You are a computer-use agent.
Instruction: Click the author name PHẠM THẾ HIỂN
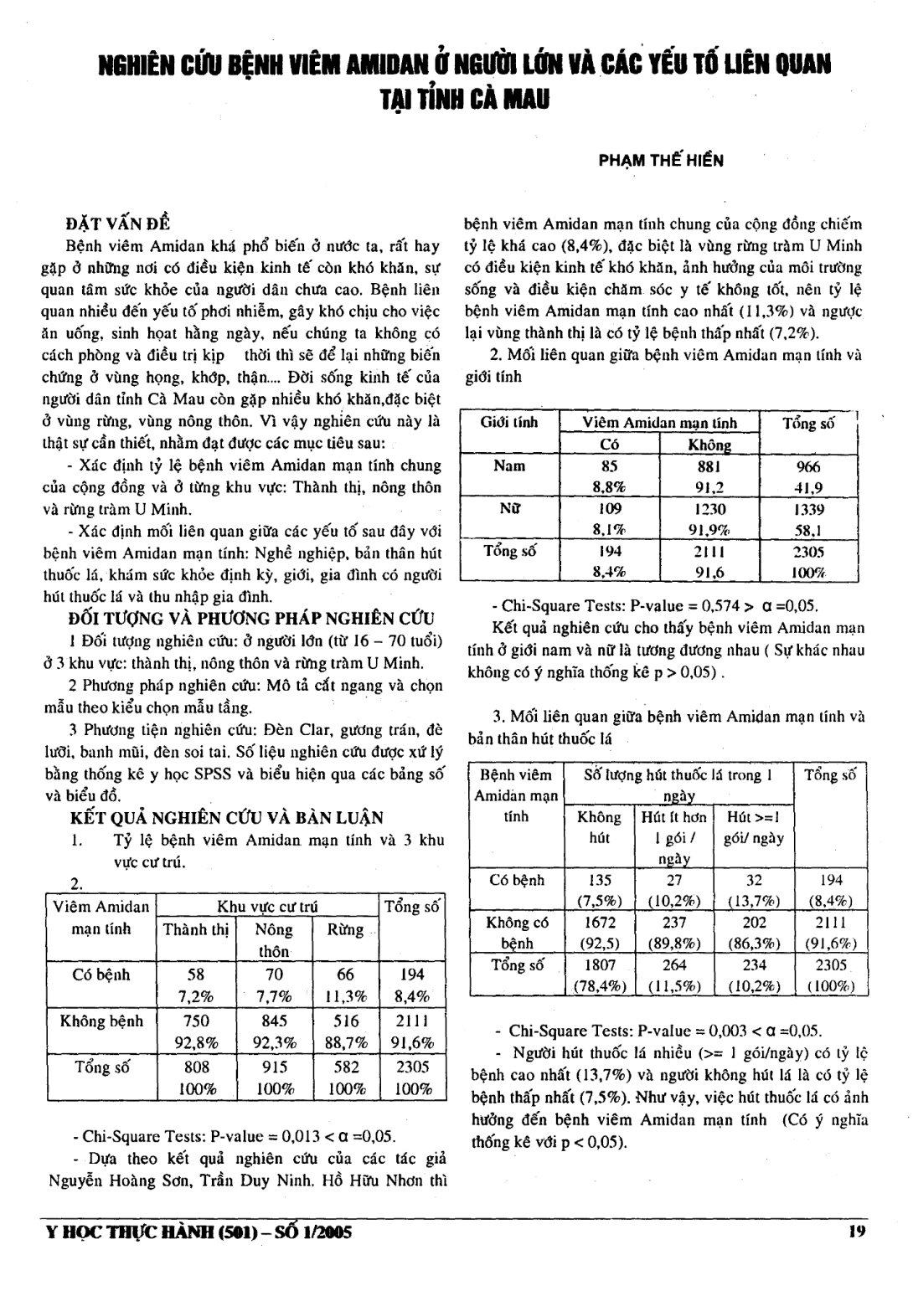tap(661, 160)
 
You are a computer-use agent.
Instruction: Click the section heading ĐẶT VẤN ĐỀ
tap(117, 224)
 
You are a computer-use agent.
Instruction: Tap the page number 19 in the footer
tap(855, 1231)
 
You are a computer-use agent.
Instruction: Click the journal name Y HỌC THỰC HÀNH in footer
tap(131, 1232)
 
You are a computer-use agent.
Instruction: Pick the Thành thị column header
tap(196, 930)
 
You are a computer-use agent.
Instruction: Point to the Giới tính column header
tap(508, 422)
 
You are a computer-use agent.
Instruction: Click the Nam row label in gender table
tap(508, 465)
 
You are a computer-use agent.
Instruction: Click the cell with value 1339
tap(807, 509)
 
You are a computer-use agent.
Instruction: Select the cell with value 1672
tap(600, 922)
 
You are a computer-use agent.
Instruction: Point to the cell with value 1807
tap(600, 964)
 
